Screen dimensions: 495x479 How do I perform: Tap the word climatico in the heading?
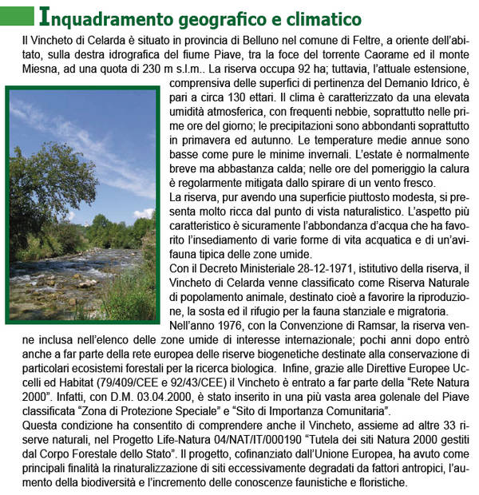(x=313, y=17)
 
